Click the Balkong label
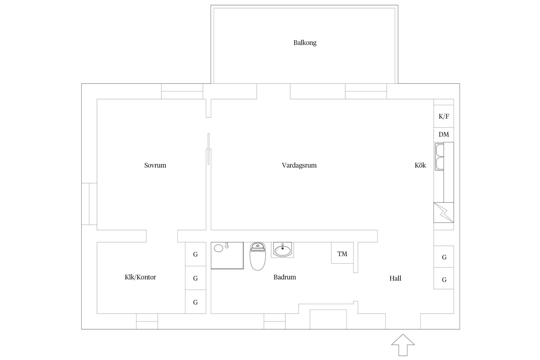pos(305,43)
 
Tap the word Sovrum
pos(155,165)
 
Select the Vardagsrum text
pos(299,165)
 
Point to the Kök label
pos(420,165)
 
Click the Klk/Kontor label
pos(140,277)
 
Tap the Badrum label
pos(285,277)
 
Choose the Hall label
pos(395,278)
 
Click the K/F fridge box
pos(444,116)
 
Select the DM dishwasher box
pos(444,134)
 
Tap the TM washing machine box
pos(342,254)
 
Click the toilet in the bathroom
pos(258,256)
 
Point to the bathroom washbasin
pos(282,249)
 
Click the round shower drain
pos(219,248)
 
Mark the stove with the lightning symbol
pos(444,212)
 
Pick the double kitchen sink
pos(439,156)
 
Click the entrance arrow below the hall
pos(403,345)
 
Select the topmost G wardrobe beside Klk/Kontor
pos(195,254)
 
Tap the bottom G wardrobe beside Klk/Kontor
pos(195,302)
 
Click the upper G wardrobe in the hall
pos(444,257)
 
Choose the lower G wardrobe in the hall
pos(444,279)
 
